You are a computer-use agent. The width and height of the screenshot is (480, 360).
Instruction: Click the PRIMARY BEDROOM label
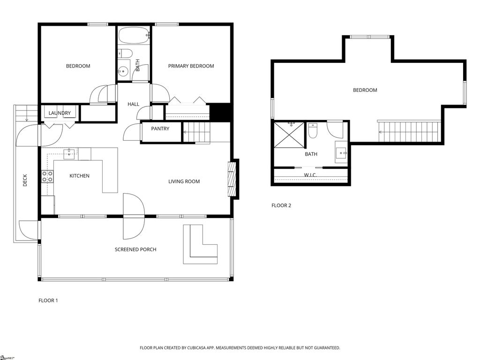click(x=191, y=66)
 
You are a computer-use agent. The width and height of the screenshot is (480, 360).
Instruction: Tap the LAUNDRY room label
click(x=60, y=113)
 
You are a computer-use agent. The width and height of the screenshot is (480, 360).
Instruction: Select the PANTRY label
click(x=160, y=128)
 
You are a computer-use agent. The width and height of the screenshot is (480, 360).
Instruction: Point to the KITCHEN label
click(x=80, y=176)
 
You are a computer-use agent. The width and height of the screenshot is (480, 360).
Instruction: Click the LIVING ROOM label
click(x=184, y=181)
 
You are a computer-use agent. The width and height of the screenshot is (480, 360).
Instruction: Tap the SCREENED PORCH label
click(x=135, y=249)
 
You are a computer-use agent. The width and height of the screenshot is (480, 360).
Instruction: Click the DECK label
click(x=25, y=180)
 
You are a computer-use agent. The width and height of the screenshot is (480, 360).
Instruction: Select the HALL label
click(x=134, y=104)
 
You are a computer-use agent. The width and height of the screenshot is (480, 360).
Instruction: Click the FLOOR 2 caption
click(x=281, y=205)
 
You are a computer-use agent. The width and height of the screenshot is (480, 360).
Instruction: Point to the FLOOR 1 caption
click(x=48, y=300)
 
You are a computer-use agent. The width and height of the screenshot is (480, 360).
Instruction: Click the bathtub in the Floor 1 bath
click(x=134, y=36)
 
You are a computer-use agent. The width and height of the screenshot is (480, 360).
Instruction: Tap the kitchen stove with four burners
click(x=47, y=177)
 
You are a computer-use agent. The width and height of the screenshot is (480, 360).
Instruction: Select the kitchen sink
click(x=69, y=154)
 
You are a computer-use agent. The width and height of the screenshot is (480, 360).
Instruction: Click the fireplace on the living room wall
click(x=232, y=179)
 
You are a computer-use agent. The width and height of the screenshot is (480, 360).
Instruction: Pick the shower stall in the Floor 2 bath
click(x=289, y=135)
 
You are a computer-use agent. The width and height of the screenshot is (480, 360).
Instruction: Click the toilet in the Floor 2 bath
click(x=313, y=130)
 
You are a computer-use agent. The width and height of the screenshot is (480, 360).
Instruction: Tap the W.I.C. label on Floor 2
click(x=310, y=175)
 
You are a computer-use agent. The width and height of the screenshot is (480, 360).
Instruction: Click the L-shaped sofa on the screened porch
click(x=201, y=245)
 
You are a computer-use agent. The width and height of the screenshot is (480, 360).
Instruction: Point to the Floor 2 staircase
click(x=409, y=132)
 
